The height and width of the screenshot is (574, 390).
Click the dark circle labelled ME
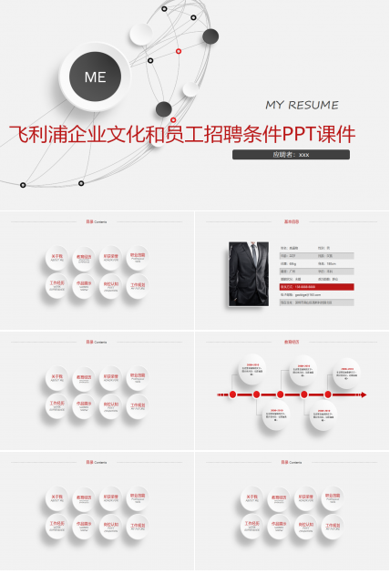[95, 77]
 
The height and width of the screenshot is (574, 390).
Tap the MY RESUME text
[302, 105]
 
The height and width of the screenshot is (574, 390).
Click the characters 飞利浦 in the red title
[36, 134]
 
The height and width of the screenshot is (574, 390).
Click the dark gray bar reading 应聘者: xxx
[291, 155]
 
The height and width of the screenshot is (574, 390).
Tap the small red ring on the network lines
[179, 51]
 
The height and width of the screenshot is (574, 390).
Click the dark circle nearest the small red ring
[210, 36]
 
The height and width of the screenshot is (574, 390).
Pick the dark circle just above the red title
[163, 109]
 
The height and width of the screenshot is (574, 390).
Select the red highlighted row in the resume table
[316, 286]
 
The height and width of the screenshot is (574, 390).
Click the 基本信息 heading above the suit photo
[292, 221]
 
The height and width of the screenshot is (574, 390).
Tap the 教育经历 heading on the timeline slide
[292, 342]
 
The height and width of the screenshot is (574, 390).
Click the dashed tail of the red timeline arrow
[221, 395]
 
